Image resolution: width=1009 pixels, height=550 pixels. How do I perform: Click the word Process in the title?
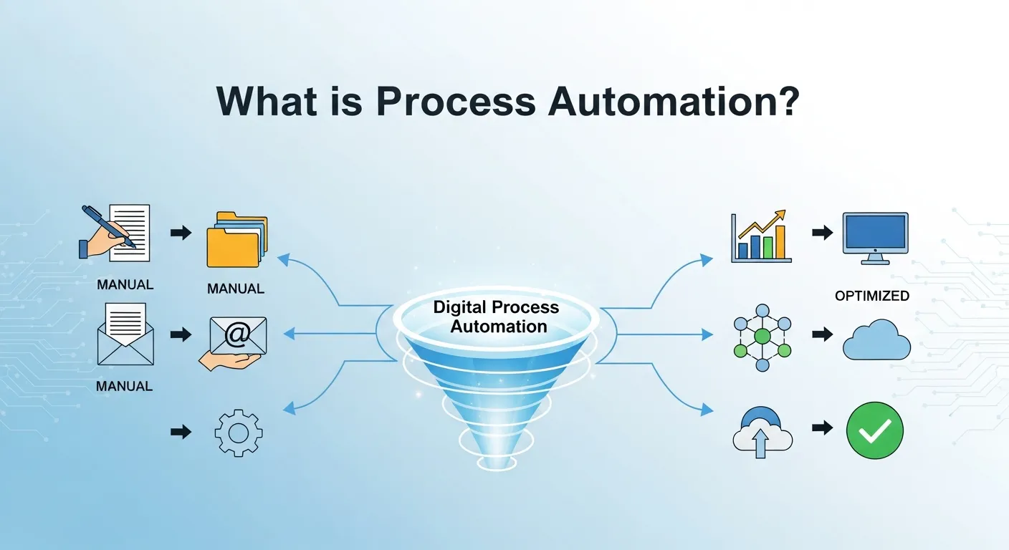[455, 102]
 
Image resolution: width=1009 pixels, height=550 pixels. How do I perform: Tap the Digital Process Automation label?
[496, 317]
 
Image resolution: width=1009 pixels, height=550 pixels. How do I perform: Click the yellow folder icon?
[236, 240]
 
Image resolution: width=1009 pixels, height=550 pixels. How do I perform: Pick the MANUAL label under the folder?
[236, 289]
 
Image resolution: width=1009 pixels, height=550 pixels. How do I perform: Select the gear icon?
[239, 432]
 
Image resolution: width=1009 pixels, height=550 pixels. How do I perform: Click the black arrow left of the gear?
[181, 431]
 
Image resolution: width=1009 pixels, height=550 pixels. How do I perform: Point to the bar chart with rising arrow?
[760, 237]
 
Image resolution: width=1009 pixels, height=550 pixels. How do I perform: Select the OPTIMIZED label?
[872, 296]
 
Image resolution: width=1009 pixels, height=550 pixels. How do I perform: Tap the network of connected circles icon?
[762, 337]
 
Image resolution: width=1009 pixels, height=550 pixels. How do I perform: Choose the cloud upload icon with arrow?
[762, 432]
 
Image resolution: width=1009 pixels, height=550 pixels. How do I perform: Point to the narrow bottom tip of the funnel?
[496, 463]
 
